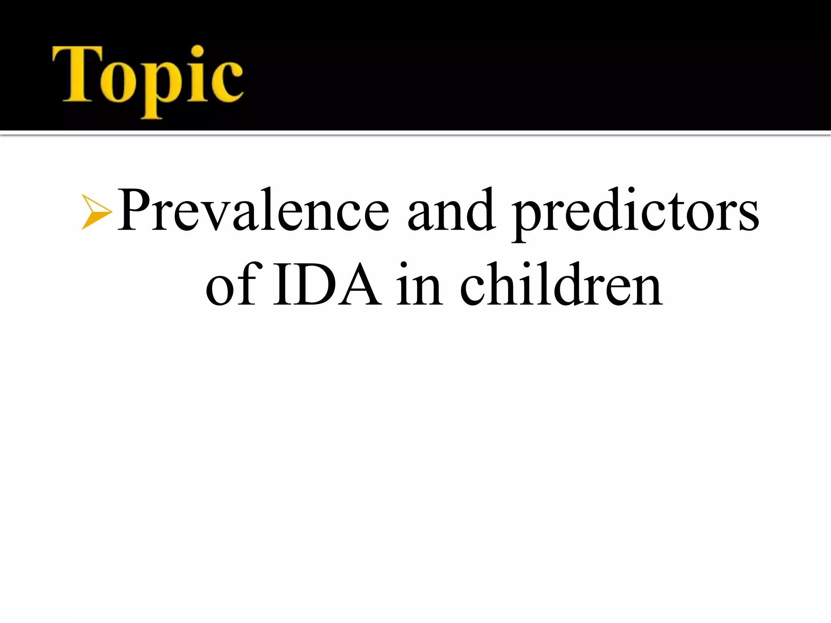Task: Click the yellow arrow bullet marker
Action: [96, 212]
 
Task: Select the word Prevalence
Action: [253, 211]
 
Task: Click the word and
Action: [451, 211]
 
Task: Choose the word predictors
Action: [635, 213]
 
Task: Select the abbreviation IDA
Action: [327, 285]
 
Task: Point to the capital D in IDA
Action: [316, 285]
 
